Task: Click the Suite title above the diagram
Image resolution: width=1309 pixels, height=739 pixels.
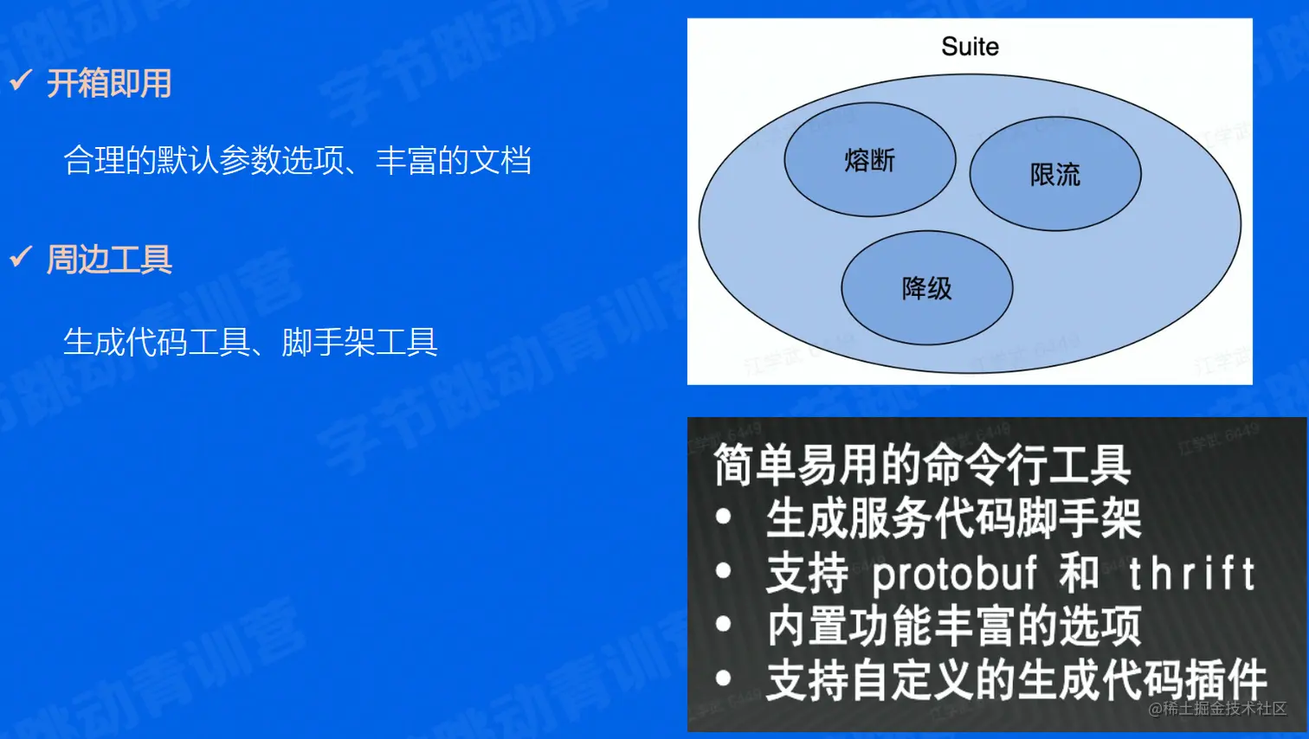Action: pyautogui.click(x=970, y=46)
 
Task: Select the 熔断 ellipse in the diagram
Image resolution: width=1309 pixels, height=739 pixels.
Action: pyautogui.click(x=870, y=159)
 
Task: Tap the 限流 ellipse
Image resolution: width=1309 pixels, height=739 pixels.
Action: pyautogui.click(x=1055, y=174)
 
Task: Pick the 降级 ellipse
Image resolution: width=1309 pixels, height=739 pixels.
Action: pyautogui.click(x=927, y=288)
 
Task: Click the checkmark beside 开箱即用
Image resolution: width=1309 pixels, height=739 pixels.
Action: pyautogui.click(x=21, y=80)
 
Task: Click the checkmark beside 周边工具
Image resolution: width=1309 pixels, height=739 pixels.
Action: pyautogui.click(x=21, y=256)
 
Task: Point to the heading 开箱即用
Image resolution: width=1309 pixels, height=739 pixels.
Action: pyautogui.click(x=109, y=83)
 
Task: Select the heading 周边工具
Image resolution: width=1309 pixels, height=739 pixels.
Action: pyautogui.click(x=109, y=260)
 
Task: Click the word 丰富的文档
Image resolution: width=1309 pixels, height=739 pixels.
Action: pyautogui.click(x=454, y=160)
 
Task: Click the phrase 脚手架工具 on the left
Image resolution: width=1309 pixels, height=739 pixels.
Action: pyautogui.click(x=359, y=342)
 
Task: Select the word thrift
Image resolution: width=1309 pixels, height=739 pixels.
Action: pyautogui.click(x=1192, y=573)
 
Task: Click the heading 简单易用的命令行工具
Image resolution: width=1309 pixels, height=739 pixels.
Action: pyautogui.click(x=923, y=465)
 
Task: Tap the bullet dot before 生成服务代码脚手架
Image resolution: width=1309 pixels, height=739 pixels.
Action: pyautogui.click(x=724, y=517)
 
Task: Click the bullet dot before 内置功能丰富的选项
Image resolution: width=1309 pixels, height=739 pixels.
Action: pyautogui.click(x=724, y=624)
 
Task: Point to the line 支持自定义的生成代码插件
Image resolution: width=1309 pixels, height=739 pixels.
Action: pyautogui.click(x=1016, y=680)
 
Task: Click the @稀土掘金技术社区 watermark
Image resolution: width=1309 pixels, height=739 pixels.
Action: pyautogui.click(x=1217, y=709)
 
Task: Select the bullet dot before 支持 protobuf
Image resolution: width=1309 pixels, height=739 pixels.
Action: pyautogui.click(x=724, y=570)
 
